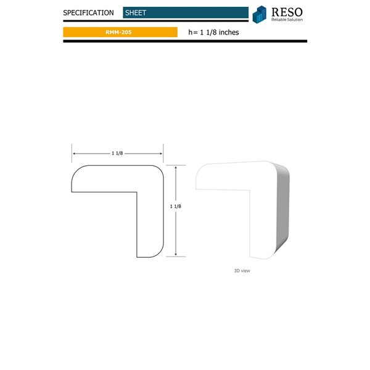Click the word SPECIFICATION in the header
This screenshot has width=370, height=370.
(88, 13)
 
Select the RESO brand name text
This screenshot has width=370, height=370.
(289, 11)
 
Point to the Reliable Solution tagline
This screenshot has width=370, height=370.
(288, 20)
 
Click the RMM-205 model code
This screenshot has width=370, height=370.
(118, 32)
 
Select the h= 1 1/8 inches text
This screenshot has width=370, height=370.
(213, 32)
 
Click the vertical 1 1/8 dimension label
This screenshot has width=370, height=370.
(175, 207)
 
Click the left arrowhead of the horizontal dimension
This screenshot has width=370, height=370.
(75, 154)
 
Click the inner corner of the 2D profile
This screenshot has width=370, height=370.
(136, 193)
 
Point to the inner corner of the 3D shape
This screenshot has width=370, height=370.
(248, 191)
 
